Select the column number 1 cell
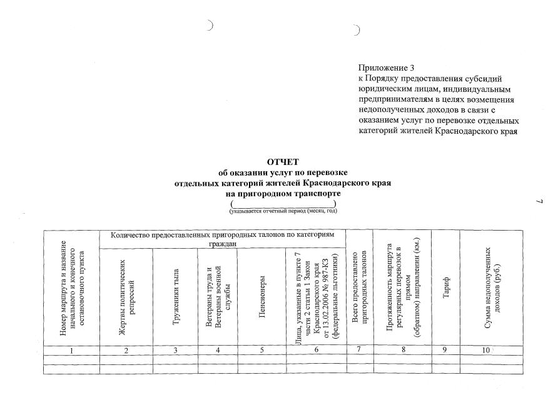72,350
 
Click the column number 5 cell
262,350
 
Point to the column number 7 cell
359,350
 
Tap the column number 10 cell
485,350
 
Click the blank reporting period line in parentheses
283,204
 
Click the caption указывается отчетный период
283,211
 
